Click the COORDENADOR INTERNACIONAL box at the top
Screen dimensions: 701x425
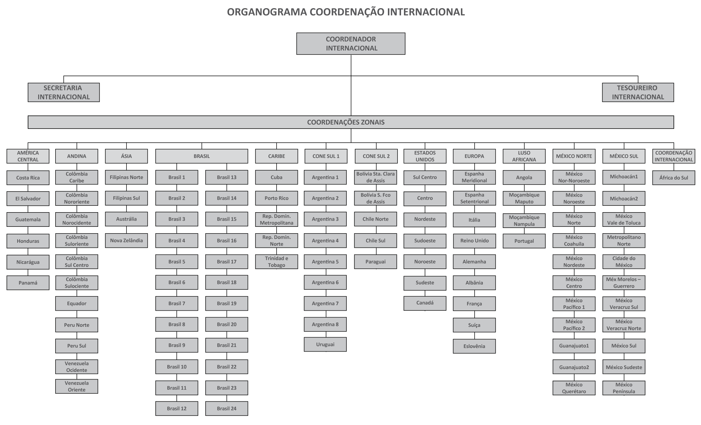coord(351,43)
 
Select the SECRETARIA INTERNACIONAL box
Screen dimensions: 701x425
coord(64,92)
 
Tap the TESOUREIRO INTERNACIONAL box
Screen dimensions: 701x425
coord(638,92)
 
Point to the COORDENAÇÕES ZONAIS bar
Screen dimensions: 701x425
coord(351,122)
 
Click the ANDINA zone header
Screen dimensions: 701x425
coord(77,156)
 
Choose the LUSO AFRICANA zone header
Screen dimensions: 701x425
coord(524,156)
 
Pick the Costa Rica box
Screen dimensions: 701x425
coord(28,178)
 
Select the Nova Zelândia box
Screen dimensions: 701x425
coord(126,241)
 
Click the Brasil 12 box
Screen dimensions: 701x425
coord(177,408)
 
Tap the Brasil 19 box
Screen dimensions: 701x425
coord(227,303)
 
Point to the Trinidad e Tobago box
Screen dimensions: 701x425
coord(277,262)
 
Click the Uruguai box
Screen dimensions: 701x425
coord(325,344)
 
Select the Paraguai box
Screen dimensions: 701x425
coord(376,262)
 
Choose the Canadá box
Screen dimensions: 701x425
coord(425,303)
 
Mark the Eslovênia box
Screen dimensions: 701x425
coord(474,346)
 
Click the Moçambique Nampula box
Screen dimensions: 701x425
coord(524,221)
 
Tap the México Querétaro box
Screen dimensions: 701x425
coord(574,388)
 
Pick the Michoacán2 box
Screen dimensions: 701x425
coord(624,198)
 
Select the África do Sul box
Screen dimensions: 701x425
coord(674,178)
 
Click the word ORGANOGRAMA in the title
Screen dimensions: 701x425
coord(267,12)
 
